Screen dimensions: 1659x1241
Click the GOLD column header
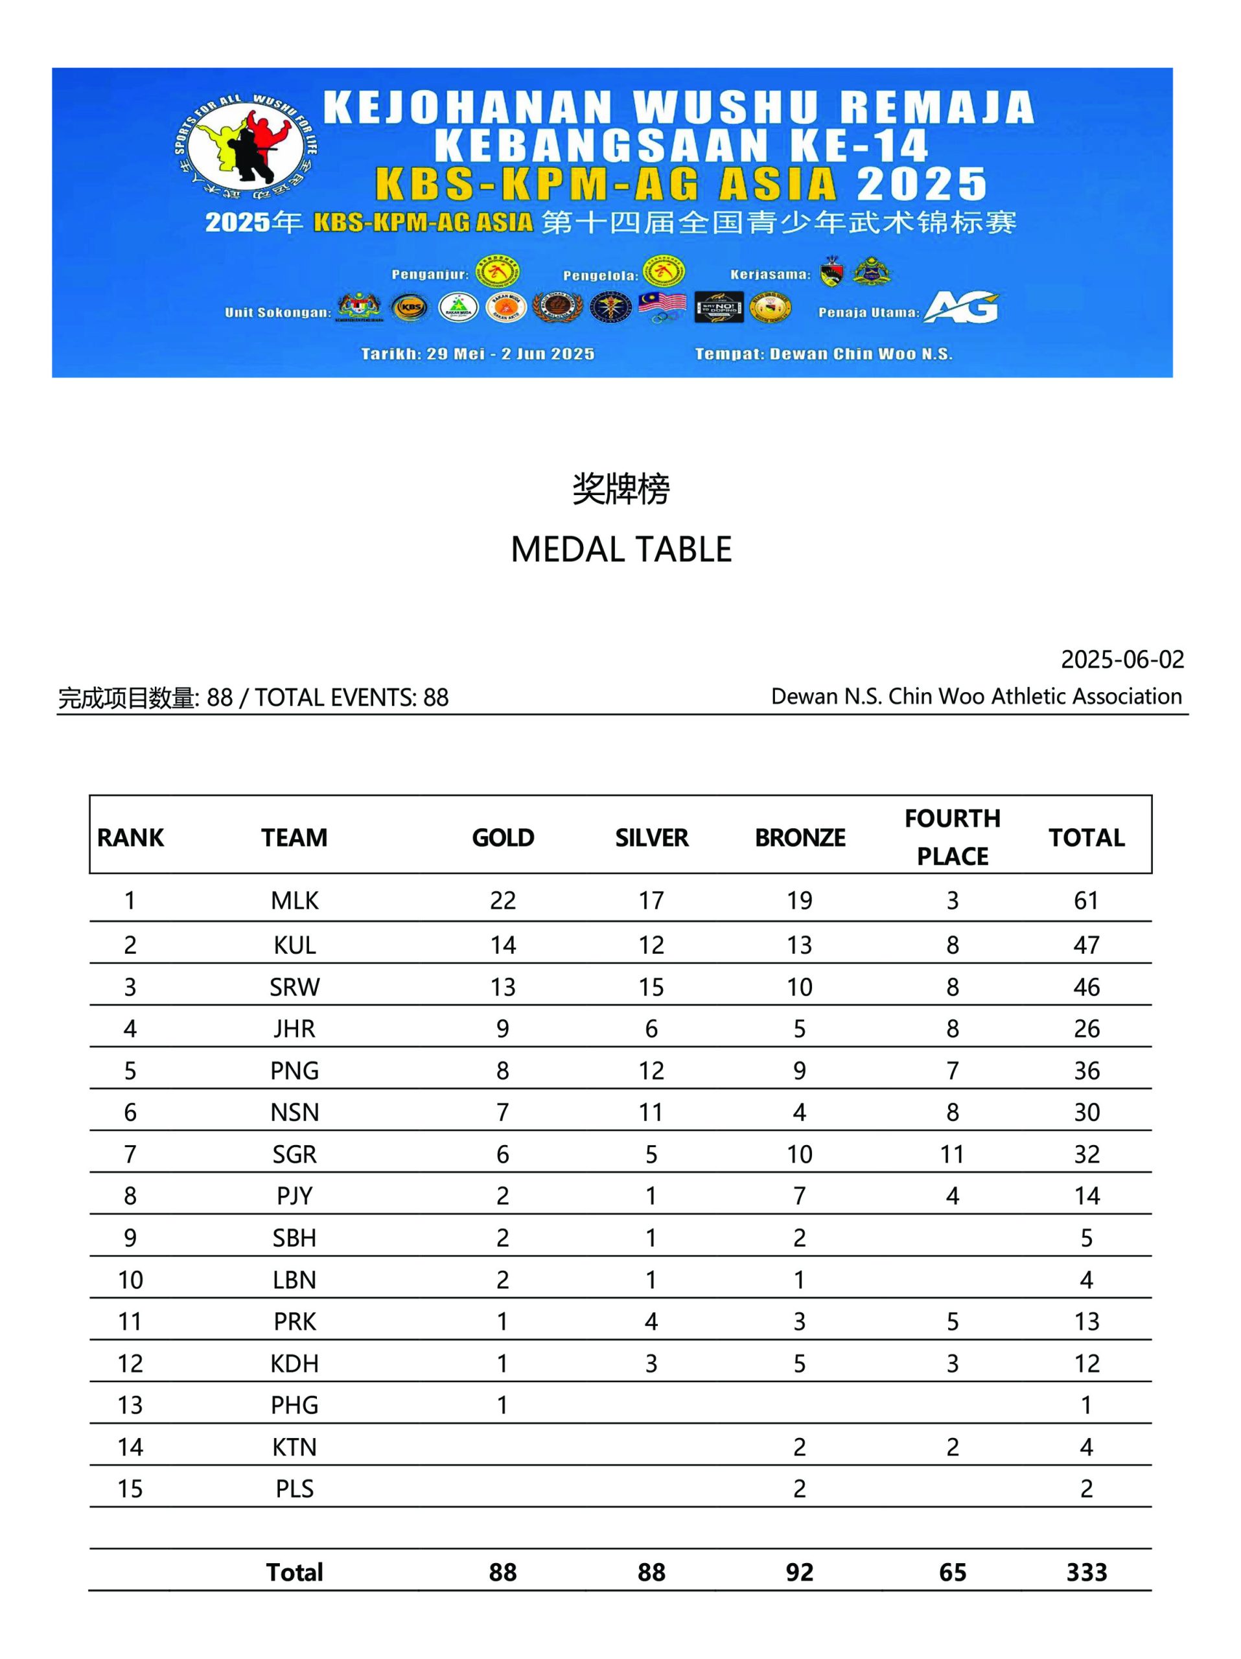(x=502, y=837)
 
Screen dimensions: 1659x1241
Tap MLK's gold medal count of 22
(x=502, y=900)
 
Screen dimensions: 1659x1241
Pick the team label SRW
(x=295, y=987)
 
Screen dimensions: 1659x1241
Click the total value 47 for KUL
(x=1085, y=945)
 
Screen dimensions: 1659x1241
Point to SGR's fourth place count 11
(x=951, y=1154)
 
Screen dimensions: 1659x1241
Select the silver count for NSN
(x=651, y=1112)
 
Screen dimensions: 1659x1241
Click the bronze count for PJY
(x=799, y=1196)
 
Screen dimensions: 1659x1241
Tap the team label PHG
(x=295, y=1405)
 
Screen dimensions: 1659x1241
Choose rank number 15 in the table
(x=130, y=1489)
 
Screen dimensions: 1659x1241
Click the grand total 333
(x=1085, y=1572)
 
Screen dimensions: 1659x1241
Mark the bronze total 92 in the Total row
(x=799, y=1572)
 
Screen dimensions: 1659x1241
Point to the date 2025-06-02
(x=1122, y=659)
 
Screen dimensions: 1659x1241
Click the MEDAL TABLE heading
(x=621, y=550)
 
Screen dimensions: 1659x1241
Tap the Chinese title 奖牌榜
(x=621, y=489)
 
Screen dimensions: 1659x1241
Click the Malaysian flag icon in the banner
(x=662, y=307)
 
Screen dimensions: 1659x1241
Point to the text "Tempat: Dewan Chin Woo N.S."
(x=823, y=354)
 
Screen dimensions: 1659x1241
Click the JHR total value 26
(x=1085, y=1028)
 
